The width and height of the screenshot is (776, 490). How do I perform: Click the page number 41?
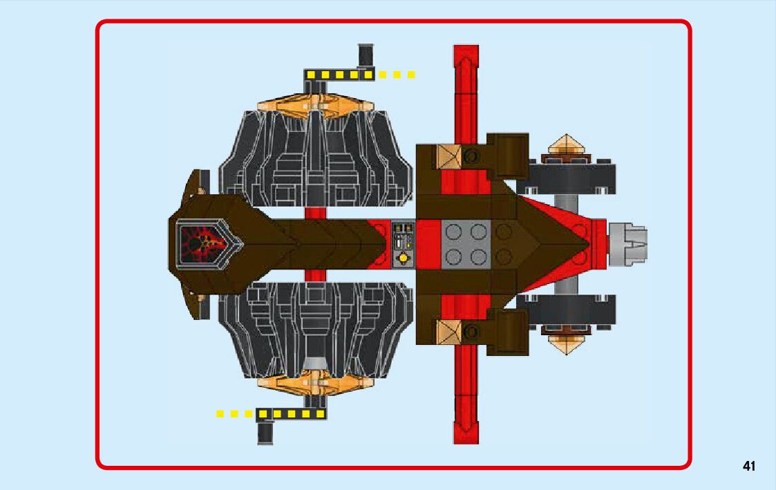point(749,466)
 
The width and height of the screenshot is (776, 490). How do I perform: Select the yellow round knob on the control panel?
point(401,258)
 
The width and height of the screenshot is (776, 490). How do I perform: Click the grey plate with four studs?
point(466,244)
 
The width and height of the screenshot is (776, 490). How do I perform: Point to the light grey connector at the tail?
point(627,244)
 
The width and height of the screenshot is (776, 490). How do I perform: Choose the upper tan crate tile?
point(448,157)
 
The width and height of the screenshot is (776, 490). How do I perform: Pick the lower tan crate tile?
point(448,332)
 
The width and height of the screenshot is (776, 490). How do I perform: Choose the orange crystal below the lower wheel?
point(315,382)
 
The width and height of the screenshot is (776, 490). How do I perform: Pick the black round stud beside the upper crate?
point(473,157)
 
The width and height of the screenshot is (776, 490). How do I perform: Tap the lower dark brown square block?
point(508,331)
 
